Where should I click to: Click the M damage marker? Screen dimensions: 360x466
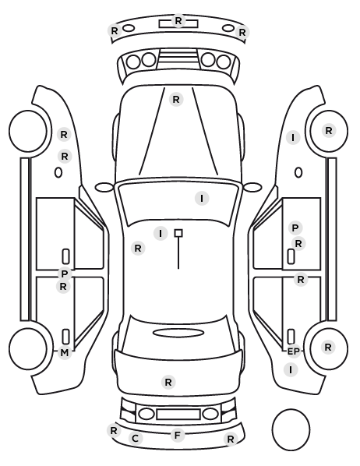(64, 353)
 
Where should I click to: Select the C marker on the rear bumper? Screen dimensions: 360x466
(136, 439)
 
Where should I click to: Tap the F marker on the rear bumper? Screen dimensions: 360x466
(178, 436)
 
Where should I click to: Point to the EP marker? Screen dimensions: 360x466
(294, 351)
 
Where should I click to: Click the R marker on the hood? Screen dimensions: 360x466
(176, 100)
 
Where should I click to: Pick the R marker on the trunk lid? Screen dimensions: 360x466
(168, 382)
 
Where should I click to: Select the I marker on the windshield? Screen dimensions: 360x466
(202, 198)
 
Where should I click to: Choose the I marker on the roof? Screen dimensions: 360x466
(161, 234)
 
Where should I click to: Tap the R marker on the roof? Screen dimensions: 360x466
(138, 248)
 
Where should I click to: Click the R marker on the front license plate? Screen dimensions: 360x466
(178, 21)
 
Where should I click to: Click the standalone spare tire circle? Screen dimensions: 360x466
(291, 429)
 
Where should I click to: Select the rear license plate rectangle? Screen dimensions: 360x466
(178, 414)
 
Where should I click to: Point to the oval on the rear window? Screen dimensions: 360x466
(178, 333)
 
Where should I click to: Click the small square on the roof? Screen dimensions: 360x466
(178, 233)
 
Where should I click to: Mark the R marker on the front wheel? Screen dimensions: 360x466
(329, 130)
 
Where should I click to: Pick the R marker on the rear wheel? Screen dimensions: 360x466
(328, 347)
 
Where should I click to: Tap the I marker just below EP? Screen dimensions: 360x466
(291, 370)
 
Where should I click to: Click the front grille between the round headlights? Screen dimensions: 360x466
(178, 59)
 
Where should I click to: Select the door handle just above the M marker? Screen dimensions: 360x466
(65, 337)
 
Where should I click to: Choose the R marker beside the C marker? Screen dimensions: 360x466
(114, 431)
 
